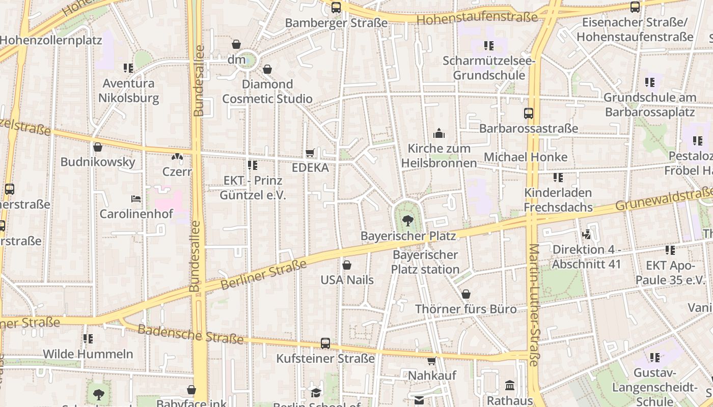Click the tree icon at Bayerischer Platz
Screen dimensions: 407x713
pos(407,220)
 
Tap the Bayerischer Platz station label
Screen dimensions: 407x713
pos(425,262)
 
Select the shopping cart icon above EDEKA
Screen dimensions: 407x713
pos(310,153)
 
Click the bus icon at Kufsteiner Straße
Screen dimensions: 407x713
pos(325,343)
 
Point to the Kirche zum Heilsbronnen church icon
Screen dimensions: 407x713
pos(439,134)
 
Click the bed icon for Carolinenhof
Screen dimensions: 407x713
pos(135,198)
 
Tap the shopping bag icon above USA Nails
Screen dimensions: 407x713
pos(347,265)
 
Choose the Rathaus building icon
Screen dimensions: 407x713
pos(510,386)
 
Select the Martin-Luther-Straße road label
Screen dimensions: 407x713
pos(534,305)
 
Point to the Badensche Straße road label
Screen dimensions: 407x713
pos(190,333)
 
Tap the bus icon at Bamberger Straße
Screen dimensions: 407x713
pos(336,8)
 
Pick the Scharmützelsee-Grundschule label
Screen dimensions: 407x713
pos(489,68)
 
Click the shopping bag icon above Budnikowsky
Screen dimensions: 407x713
pos(98,148)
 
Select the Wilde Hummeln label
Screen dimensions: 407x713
pos(88,354)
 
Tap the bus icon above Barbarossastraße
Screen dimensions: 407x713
pos(529,113)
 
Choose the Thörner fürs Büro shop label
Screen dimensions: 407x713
pos(465,309)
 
